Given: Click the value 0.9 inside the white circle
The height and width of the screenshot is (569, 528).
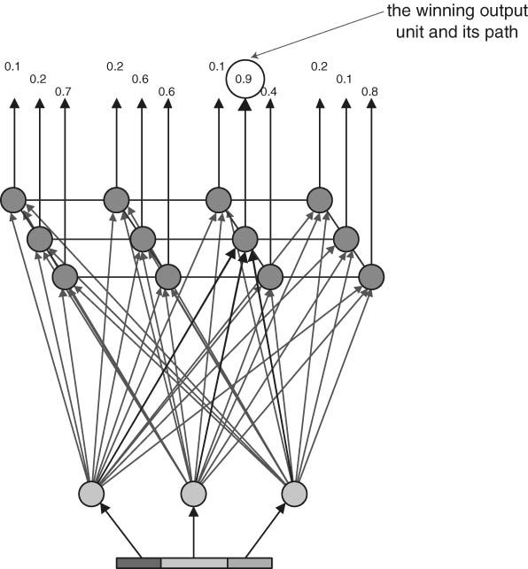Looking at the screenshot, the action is [x=244, y=79].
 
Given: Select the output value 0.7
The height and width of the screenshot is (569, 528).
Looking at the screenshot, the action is [x=63, y=92].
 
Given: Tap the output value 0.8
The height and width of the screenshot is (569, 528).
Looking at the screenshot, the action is [x=369, y=92].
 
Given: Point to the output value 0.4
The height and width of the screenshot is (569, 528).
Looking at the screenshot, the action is [x=268, y=92].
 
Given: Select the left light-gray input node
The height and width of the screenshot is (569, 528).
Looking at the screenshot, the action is [x=91, y=494].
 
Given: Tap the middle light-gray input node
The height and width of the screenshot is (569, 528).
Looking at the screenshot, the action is [x=194, y=494].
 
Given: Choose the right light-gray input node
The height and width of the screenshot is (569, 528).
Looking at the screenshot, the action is [x=295, y=494].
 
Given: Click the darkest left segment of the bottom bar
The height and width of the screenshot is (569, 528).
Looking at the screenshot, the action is [x=139, y=563].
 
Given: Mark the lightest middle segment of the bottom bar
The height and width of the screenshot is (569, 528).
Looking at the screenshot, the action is [x=194, y=563].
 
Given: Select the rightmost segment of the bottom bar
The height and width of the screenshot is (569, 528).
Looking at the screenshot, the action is [x=250, y=563].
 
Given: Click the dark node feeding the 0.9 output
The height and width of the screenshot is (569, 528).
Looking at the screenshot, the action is [x=245, y=239].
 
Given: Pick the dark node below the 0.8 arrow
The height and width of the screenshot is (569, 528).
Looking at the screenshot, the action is [x=371, y=277].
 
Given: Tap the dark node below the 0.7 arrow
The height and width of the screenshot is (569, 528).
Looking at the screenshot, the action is [x=65, y=277].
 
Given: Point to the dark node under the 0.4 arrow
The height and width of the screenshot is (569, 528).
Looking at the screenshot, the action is [x=270, y=277].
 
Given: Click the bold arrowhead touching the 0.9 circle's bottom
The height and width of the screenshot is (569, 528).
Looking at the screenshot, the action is [x=245, y=104].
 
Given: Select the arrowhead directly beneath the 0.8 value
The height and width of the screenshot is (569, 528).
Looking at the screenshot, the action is [x=371, y=103].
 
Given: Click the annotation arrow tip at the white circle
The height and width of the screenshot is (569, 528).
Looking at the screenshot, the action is [x=252, y=58].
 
